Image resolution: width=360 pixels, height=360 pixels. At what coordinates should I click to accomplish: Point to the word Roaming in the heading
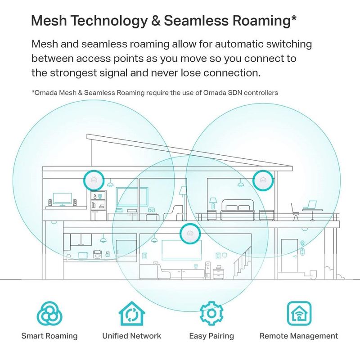pos(261,21)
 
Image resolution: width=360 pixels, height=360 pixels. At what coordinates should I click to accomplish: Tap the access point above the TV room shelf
pos(93,180)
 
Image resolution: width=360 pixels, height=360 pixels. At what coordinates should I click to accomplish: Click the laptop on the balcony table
pos(310,205)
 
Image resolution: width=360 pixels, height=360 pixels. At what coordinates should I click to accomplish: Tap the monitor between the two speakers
pos(59,199)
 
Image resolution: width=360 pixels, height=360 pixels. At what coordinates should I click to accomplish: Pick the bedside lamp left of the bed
pos(212,202)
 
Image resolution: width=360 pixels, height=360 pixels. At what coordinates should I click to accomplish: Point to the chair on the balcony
pos(295,210)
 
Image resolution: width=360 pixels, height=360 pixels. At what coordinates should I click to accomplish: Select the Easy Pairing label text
pos(211,336)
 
